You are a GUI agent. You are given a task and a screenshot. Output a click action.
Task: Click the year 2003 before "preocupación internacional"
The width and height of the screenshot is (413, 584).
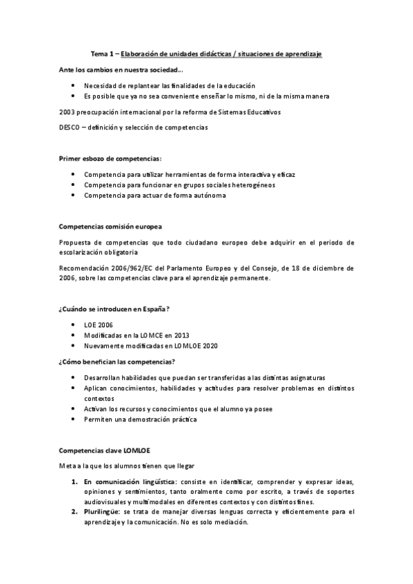[x=69, y=112]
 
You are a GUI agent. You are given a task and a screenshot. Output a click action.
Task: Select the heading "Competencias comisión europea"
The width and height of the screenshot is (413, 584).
[x=111, y=226]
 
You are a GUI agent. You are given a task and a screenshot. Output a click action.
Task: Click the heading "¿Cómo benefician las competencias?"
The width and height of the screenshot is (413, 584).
[x=117, y=362]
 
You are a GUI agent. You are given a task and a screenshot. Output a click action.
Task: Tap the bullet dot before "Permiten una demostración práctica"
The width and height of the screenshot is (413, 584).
[x=74, y=419]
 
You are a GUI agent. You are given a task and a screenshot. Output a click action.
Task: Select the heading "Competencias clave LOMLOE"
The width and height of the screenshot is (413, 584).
[x=105, y=450]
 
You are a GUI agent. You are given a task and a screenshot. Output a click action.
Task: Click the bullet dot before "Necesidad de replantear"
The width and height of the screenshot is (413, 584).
[x=74, y=85]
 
